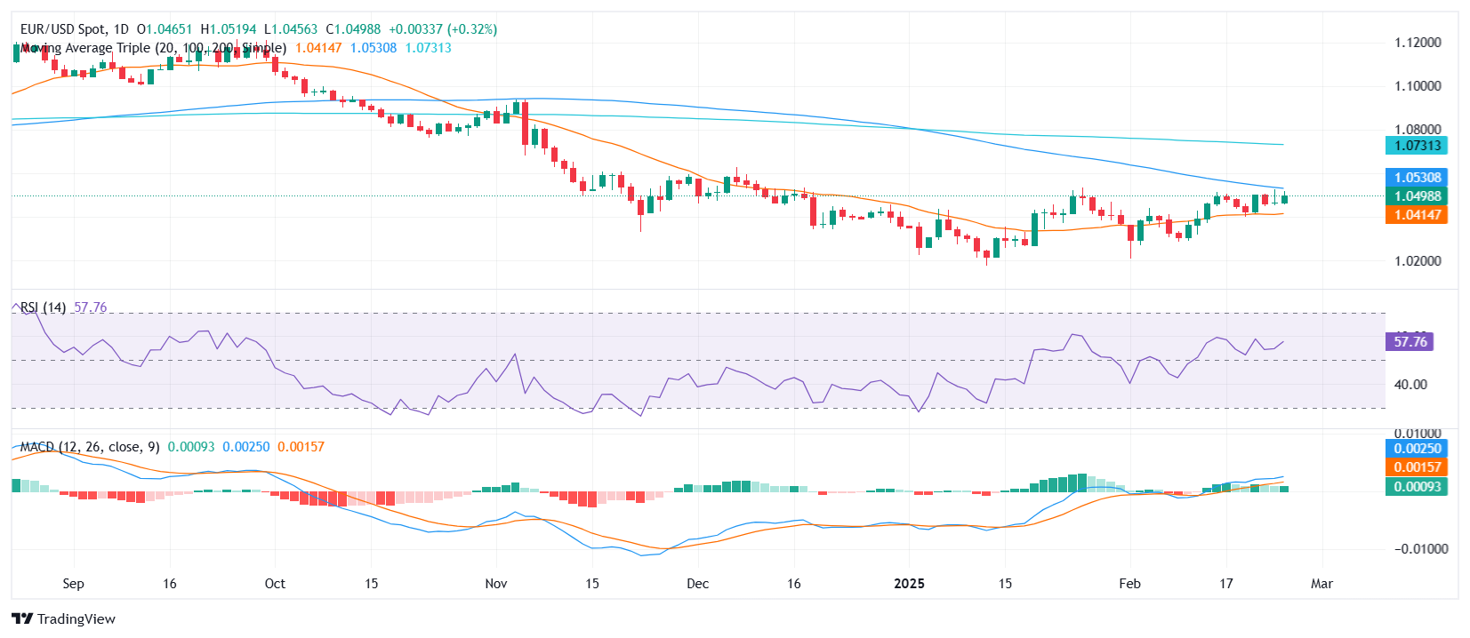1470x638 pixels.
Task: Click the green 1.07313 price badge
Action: pyautogui.click(x=1417, y=146)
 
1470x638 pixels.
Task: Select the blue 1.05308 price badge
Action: pyautogui.click(x=1417, y=178)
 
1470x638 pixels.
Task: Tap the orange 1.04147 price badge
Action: pyautogui.click(x=1417, y=215)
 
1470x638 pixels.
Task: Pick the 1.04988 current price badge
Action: pyautogui.click(x=1417, y=196)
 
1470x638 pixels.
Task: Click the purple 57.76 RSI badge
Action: pyautogui.click(x=1410, y=342)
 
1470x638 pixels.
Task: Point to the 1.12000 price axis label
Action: pyautogui.click(x=1418, y=43)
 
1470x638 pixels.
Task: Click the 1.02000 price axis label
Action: pyautogui.click(x=1418, y=261)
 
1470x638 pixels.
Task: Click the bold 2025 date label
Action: pyautogui.click(x=909, y=584)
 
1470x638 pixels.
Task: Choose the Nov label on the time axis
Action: pyautogui.click(x=496, y=584)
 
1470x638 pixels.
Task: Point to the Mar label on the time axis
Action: pyautogui.click(x=1321, y=584)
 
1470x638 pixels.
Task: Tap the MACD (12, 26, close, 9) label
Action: pyautogui.click(x=90, y=447)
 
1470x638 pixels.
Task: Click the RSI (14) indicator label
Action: pyautogui.click(x=43, y=307)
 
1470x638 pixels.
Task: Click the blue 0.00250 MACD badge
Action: pyautogui.click(x=1417, y=449)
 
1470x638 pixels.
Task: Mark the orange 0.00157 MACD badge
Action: pyautogui.click(x=1417, y=467)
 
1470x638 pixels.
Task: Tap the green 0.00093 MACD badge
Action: pyautogui.click(x=1417, y=487)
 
